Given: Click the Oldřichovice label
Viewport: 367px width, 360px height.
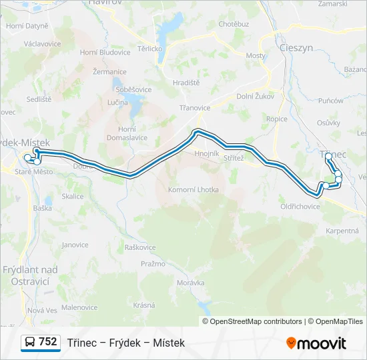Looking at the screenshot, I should click(x=300, y=206).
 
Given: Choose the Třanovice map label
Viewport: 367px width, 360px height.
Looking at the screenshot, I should click(x=195, y=107).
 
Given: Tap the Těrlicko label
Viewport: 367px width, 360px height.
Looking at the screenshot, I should click(x=150, y=49).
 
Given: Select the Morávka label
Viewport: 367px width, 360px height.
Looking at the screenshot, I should click(x=191, y=283).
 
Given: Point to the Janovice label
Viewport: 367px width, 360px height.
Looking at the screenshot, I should click(x=75, y=245).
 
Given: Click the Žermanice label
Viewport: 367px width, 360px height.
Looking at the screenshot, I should click(x=110, y=71).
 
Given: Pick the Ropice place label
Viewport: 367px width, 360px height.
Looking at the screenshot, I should click(x=276, y=119).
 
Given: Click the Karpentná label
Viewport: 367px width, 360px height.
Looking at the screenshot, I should click(x=342, y=231).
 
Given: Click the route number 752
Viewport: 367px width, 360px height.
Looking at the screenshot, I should click(x=47, y=342).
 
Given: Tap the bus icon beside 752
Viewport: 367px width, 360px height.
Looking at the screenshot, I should click(x=30, y=343).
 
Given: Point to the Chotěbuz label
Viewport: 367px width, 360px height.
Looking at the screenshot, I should click(x=234, y=24).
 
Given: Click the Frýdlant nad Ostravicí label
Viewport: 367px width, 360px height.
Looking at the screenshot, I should click(x=30, y=275).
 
